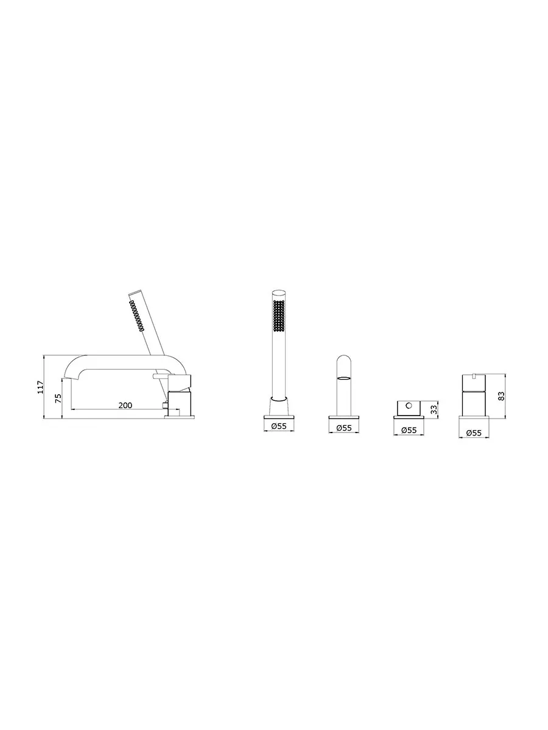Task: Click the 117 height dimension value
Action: coord(41,387)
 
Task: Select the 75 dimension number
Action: coord(58,398)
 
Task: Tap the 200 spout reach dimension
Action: coord(125,405)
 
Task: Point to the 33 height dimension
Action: coord(434,409)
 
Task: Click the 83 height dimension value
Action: coord(501,396)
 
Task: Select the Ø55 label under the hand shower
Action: coord(278,426)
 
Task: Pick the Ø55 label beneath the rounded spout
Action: coord(343,428)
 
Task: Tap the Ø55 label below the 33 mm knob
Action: coord(409,430)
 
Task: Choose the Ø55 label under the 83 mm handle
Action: coord(474,433)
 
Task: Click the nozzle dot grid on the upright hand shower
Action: coord(279,316)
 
